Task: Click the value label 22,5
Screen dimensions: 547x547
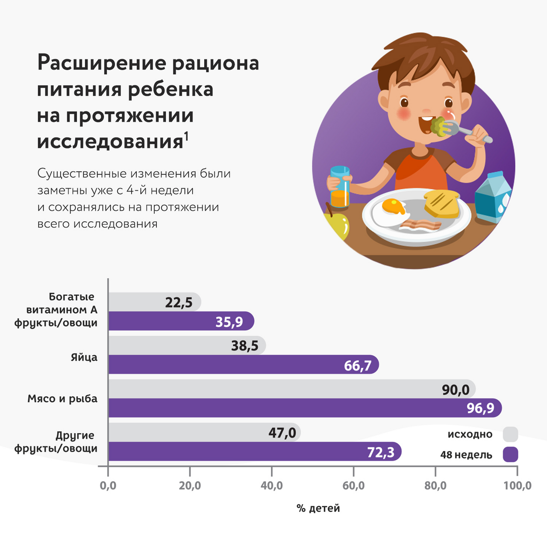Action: (179, 303)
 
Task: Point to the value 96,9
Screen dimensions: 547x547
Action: (480, 408)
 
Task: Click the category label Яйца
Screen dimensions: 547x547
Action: (84, 357)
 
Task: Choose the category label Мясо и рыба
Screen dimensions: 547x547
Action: (62, 399)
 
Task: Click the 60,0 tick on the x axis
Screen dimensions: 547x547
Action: (353, 485)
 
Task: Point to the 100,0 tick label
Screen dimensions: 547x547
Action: (517, 485)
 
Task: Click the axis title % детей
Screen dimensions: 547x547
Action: (318, 508)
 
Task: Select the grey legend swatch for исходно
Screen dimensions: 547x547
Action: (510, 434)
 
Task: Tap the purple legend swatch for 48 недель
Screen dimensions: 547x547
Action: (510, 454)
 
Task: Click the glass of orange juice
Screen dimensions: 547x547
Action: (340, 187)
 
